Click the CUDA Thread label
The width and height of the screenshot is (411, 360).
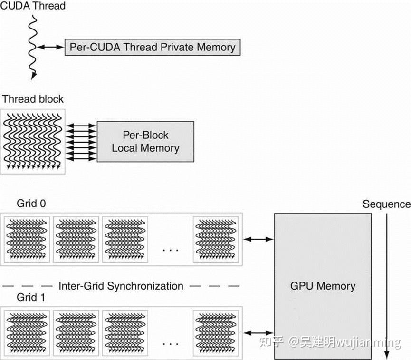tap(33, 7)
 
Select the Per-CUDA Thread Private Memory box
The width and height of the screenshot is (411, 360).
tap(152, 47)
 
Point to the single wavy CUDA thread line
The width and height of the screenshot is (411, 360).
tap(32, 48)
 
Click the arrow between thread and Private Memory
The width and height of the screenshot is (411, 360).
tap(50, 47)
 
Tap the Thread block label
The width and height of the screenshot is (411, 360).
tap(33, 99)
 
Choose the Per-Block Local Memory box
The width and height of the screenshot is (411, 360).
tap(145, 141)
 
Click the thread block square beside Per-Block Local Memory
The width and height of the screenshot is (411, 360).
tap(33, 141)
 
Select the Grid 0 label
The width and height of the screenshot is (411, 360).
tap(31, 204)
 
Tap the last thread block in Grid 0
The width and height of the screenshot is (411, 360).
tap(216, 239)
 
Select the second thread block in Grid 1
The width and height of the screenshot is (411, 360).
tap(76, 332)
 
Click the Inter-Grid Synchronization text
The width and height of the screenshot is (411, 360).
tap(121, 286)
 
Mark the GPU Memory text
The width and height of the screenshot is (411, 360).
tap(323, 286)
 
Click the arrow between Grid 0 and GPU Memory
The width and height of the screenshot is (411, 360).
tap(258, 239)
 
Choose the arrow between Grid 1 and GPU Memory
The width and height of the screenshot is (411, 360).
tap(258, 332)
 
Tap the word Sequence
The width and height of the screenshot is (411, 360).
tap(386, 204)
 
